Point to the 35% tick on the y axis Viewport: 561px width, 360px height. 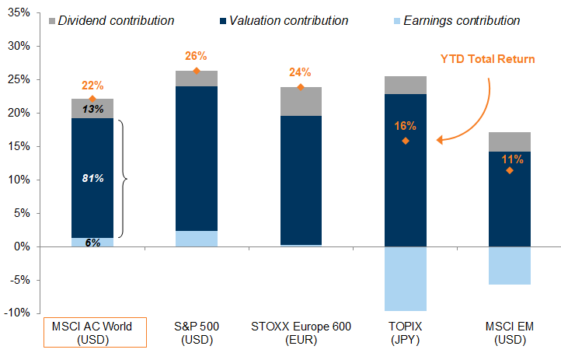pyautogui.click(x=18, y=13)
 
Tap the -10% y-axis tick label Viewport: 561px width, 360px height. pyautogui.click(x=16, y=313)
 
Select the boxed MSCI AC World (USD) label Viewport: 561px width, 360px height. pyautogui.click(x=92, y=333)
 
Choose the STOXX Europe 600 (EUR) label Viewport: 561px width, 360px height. pyautogui.click(x=301, y=333)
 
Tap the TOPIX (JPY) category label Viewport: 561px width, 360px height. pyautogui.click(x=406, y=333)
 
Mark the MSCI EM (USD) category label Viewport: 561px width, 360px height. pyautogui.click(x=509, y=333)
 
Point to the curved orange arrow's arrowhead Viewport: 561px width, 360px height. pyautogui.click(x=440, y=141)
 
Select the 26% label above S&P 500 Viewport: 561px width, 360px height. pyautogui.click(x=196, y=56)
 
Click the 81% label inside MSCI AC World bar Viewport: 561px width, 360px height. pyautogui.click(x=92, y=178)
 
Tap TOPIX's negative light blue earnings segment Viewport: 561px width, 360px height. pyautogui.click(x=405, y=278)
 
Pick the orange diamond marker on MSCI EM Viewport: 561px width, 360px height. pyautogui.click(x=509, y=170)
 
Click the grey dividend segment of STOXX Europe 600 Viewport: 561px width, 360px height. pyautogui.click(x=301, y=102)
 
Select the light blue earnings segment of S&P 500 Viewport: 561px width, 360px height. pyautogui.click(x=197, y=239)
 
